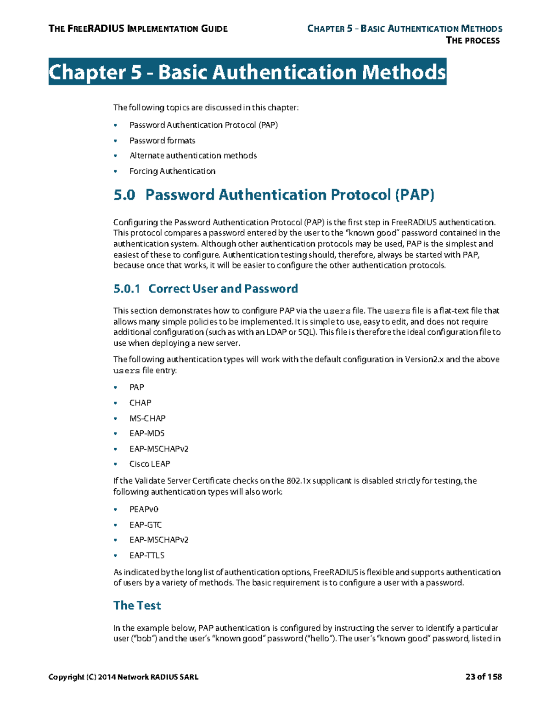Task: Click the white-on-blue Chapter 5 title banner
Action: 247,72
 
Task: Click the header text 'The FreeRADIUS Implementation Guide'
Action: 138,29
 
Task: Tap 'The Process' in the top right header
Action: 472,40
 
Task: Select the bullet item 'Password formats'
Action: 162,141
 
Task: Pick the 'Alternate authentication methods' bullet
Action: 193,156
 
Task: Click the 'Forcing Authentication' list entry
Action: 172,171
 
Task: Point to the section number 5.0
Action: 124,195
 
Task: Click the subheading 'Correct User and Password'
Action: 223,289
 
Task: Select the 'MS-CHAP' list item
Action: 147,418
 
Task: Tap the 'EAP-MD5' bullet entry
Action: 147,434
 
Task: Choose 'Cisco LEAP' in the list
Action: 150,464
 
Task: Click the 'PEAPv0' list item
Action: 144,509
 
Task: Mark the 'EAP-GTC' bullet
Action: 146,525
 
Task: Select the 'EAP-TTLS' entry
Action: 147,555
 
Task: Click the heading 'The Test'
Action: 137,605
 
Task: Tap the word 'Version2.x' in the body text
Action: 424,360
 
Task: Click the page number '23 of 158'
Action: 483,677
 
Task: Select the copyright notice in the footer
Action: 123,677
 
